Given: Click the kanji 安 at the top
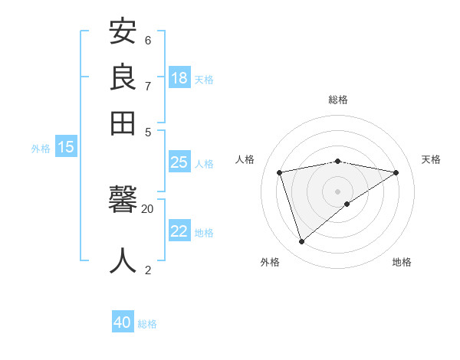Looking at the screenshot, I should [x=123, y=32].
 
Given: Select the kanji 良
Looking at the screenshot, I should [x=123, y=77].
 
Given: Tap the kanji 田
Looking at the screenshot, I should [x=123, y=123].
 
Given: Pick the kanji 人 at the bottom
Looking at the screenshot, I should [x=123, y=260].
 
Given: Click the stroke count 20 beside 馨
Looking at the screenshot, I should [x=147, y=208].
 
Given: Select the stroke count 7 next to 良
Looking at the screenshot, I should [x=148, y=86].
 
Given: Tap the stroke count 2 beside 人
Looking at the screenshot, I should [x=148, y=270].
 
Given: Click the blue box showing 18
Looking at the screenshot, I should [x=179, y=77].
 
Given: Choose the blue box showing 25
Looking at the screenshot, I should [x=179, y=162].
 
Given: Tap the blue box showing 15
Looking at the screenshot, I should [x=66, y=147].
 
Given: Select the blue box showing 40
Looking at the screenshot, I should [x=123, y=322].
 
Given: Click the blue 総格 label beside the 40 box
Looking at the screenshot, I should [x=147, y=324].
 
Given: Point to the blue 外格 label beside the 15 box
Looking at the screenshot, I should [x=41, y=149].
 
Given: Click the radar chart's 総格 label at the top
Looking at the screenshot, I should [x=337, y=100].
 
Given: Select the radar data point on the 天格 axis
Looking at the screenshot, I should [x=396, y=172].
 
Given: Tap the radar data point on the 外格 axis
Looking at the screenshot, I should [x=301, y=242].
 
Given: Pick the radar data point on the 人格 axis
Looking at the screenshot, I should [x=280, y=172].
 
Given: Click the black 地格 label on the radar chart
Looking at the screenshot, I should [x=402, y=262].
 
